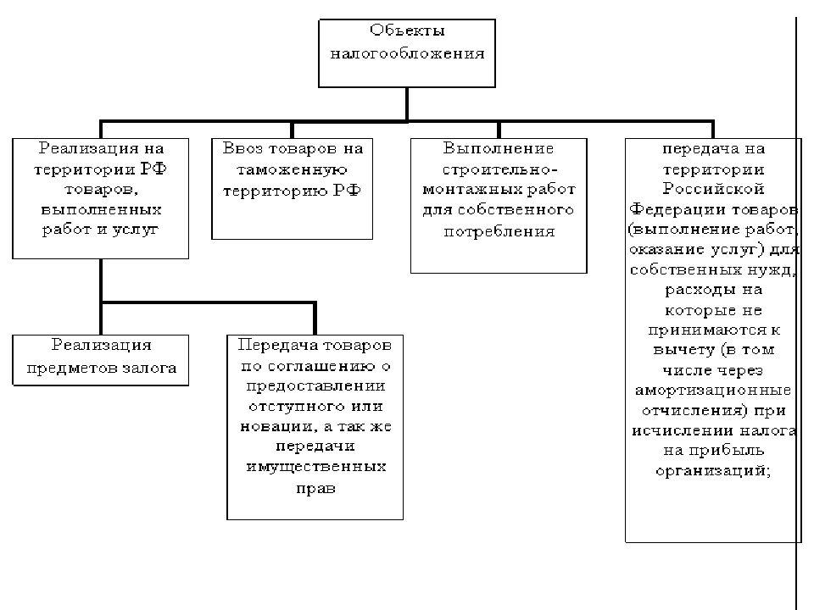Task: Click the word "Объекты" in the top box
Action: tap(407, 30)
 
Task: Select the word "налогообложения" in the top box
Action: tap(407, 53)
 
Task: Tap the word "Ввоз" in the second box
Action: tap(243, 148)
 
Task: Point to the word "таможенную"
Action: tap(292, 170)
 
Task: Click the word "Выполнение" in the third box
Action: tap(499, 148)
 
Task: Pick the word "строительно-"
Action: tap(499, 169)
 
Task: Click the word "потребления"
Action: tap(499, 231)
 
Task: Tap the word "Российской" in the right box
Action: tap(713, 188)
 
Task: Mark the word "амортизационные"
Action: tap(713, 390)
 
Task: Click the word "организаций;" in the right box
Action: tap(713, 471)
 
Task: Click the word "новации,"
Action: tap(279, 427)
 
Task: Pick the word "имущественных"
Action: tap(315, 467)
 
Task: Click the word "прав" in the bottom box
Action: tap(315, 489)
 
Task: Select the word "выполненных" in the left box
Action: tap(101, 210)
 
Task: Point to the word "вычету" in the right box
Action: tap(683, 350)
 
